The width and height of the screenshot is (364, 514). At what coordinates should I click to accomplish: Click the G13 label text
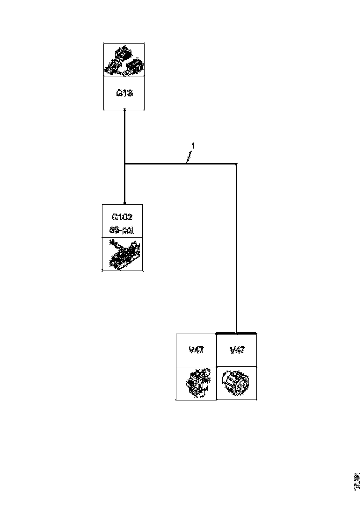[x=124, y=93]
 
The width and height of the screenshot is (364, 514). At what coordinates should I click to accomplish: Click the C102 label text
[x=122, y=217]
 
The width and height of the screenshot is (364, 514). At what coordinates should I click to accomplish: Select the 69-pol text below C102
[x=122, y=230]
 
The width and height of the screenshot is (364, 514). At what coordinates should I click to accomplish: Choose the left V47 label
[x=196, y=350]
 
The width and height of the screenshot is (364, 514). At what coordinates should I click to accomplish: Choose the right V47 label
[x=236, y=350]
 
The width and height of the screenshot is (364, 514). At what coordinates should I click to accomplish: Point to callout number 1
[x=193, y=146]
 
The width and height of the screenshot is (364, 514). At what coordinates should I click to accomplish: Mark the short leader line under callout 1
[x=189, y=157]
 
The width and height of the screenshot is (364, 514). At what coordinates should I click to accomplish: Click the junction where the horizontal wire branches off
[x=124, y=164]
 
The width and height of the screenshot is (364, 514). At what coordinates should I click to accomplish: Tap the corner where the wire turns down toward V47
[x=236, y=164]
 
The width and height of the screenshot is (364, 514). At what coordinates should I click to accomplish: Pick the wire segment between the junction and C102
[x=124, y=184]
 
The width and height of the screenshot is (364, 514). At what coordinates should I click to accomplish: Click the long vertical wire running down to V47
[x=236, y=248]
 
